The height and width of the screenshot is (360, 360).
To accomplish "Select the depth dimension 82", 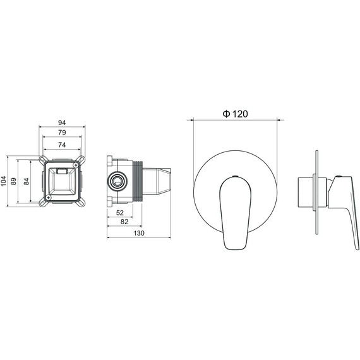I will [x=124, y=222].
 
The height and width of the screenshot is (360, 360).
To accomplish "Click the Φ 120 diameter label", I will [x=235, y=114].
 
